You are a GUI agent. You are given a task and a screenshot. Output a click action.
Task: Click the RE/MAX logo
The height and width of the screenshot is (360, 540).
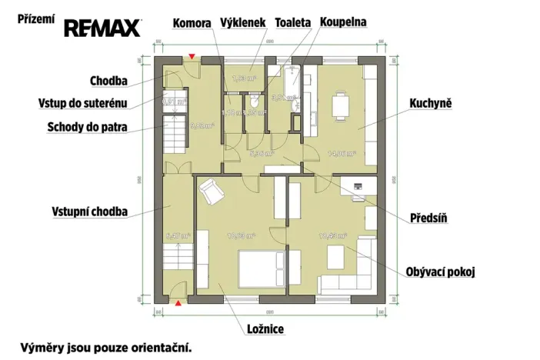(102, 28)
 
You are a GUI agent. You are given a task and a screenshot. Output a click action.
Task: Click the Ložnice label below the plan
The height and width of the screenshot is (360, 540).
(265, 329)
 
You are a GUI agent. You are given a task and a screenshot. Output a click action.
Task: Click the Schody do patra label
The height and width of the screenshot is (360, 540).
(76, 127)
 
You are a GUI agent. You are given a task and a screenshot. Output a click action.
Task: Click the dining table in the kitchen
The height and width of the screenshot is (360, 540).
(339, 105)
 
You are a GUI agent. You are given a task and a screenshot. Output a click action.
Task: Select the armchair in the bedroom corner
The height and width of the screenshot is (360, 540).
(211, 192)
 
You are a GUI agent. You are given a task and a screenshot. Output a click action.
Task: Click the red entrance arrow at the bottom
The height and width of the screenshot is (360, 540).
(179, 305)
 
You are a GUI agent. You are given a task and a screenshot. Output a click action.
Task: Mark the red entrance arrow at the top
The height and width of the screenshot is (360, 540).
(191, 58)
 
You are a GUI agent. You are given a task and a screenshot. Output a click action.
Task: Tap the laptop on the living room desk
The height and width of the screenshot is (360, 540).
(358, 185)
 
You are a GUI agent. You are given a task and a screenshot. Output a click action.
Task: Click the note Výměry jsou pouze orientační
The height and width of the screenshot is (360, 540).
(106, 347)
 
